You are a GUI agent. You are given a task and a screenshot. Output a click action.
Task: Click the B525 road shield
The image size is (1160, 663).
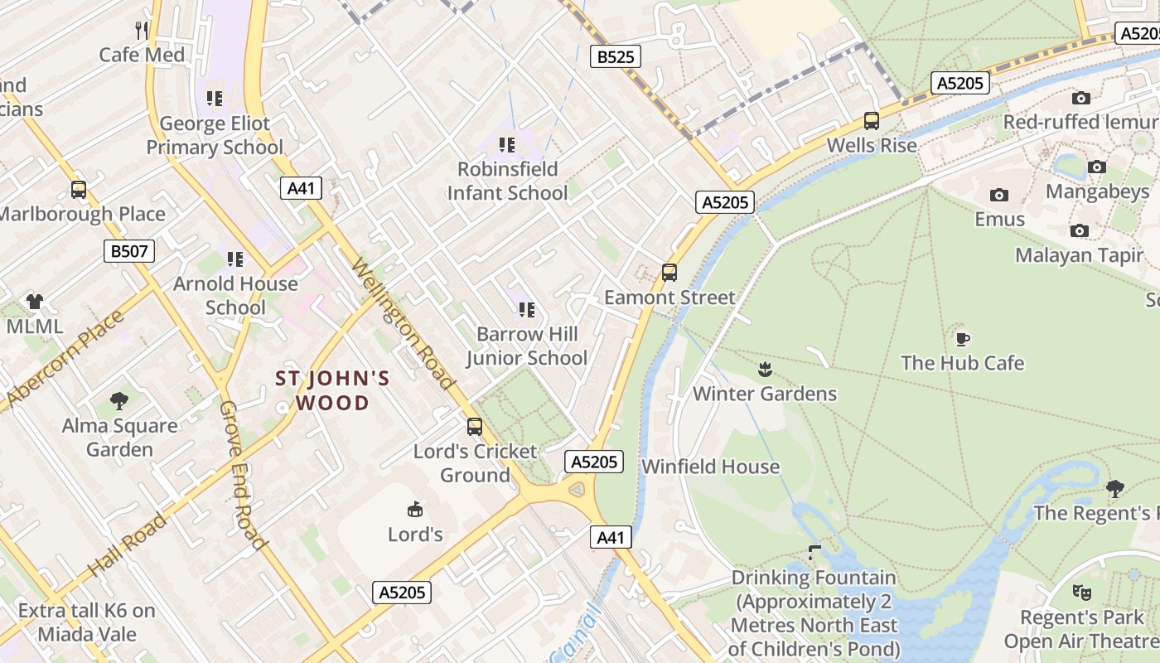pos(616,56)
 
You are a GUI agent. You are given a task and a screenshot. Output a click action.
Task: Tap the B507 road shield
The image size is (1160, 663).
pos(129,251)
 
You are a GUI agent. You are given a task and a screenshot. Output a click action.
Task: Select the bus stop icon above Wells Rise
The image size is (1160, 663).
pos(872,121)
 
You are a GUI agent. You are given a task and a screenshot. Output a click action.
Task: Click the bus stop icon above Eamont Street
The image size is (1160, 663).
pos(669,273)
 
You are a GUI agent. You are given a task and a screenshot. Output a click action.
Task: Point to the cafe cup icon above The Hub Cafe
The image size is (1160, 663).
pos(962,339)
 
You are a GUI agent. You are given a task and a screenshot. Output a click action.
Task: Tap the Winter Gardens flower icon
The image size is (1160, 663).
pos(765,369)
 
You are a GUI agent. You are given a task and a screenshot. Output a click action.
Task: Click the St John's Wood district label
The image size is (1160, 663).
pos(332,391)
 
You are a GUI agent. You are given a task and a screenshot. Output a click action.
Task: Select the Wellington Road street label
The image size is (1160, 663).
pos(404,325)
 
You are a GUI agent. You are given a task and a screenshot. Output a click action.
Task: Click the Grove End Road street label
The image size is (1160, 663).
pos(243,476)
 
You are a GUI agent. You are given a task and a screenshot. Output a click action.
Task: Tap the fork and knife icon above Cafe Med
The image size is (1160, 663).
pos(142,31)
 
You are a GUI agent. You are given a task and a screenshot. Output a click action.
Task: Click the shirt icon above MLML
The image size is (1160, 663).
pos(34,302)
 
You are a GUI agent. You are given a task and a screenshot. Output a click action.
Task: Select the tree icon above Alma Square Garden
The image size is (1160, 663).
pos(119,401)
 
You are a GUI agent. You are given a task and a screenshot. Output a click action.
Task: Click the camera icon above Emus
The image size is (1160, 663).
pos(999,196)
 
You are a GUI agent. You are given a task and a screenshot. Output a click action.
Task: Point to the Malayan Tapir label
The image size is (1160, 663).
pos(1079,255)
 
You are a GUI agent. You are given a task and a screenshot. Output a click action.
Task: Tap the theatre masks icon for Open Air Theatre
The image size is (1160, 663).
pos(1081,593)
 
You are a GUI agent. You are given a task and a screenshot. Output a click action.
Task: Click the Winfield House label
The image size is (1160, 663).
pos(710,467)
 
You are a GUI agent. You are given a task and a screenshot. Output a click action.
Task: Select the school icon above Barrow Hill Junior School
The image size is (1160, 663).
pos(526,310)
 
